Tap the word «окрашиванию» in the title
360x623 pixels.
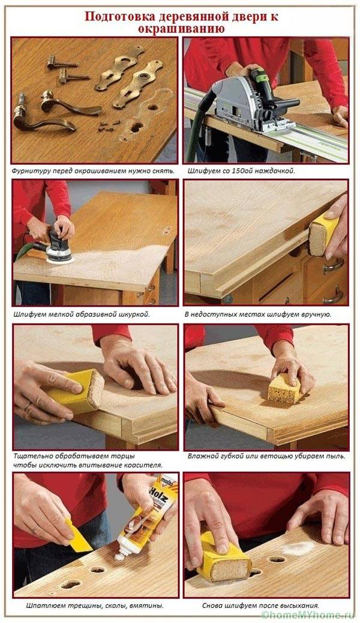tap(181, 29)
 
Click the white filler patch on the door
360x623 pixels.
tap(298, 549)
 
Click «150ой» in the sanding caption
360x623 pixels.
tap(247, 172)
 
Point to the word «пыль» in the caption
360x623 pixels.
tap(337, 456)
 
